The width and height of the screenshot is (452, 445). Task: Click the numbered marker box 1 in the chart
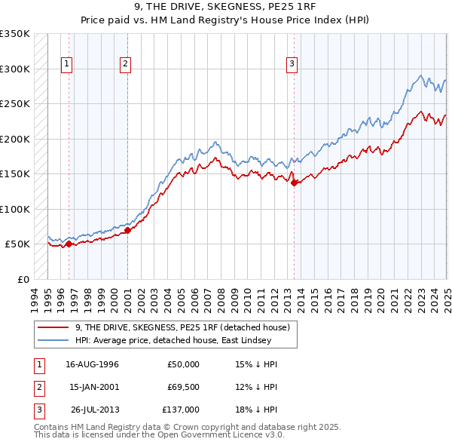click(x=67, y=64)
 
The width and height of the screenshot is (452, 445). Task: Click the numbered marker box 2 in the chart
click(x=124, y=64)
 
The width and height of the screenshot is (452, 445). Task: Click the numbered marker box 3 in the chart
click(x=292, y=64)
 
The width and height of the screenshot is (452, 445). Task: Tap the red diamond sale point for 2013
click(x=295, y=183)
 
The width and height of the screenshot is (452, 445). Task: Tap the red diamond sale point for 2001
click(x=128, y=230)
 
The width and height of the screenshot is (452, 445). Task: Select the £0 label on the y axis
click(x=23, y=279)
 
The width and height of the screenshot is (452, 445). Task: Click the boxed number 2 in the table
click(x=39, y=387)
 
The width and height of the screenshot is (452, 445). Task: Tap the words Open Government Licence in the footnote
click(x=209, y=434)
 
